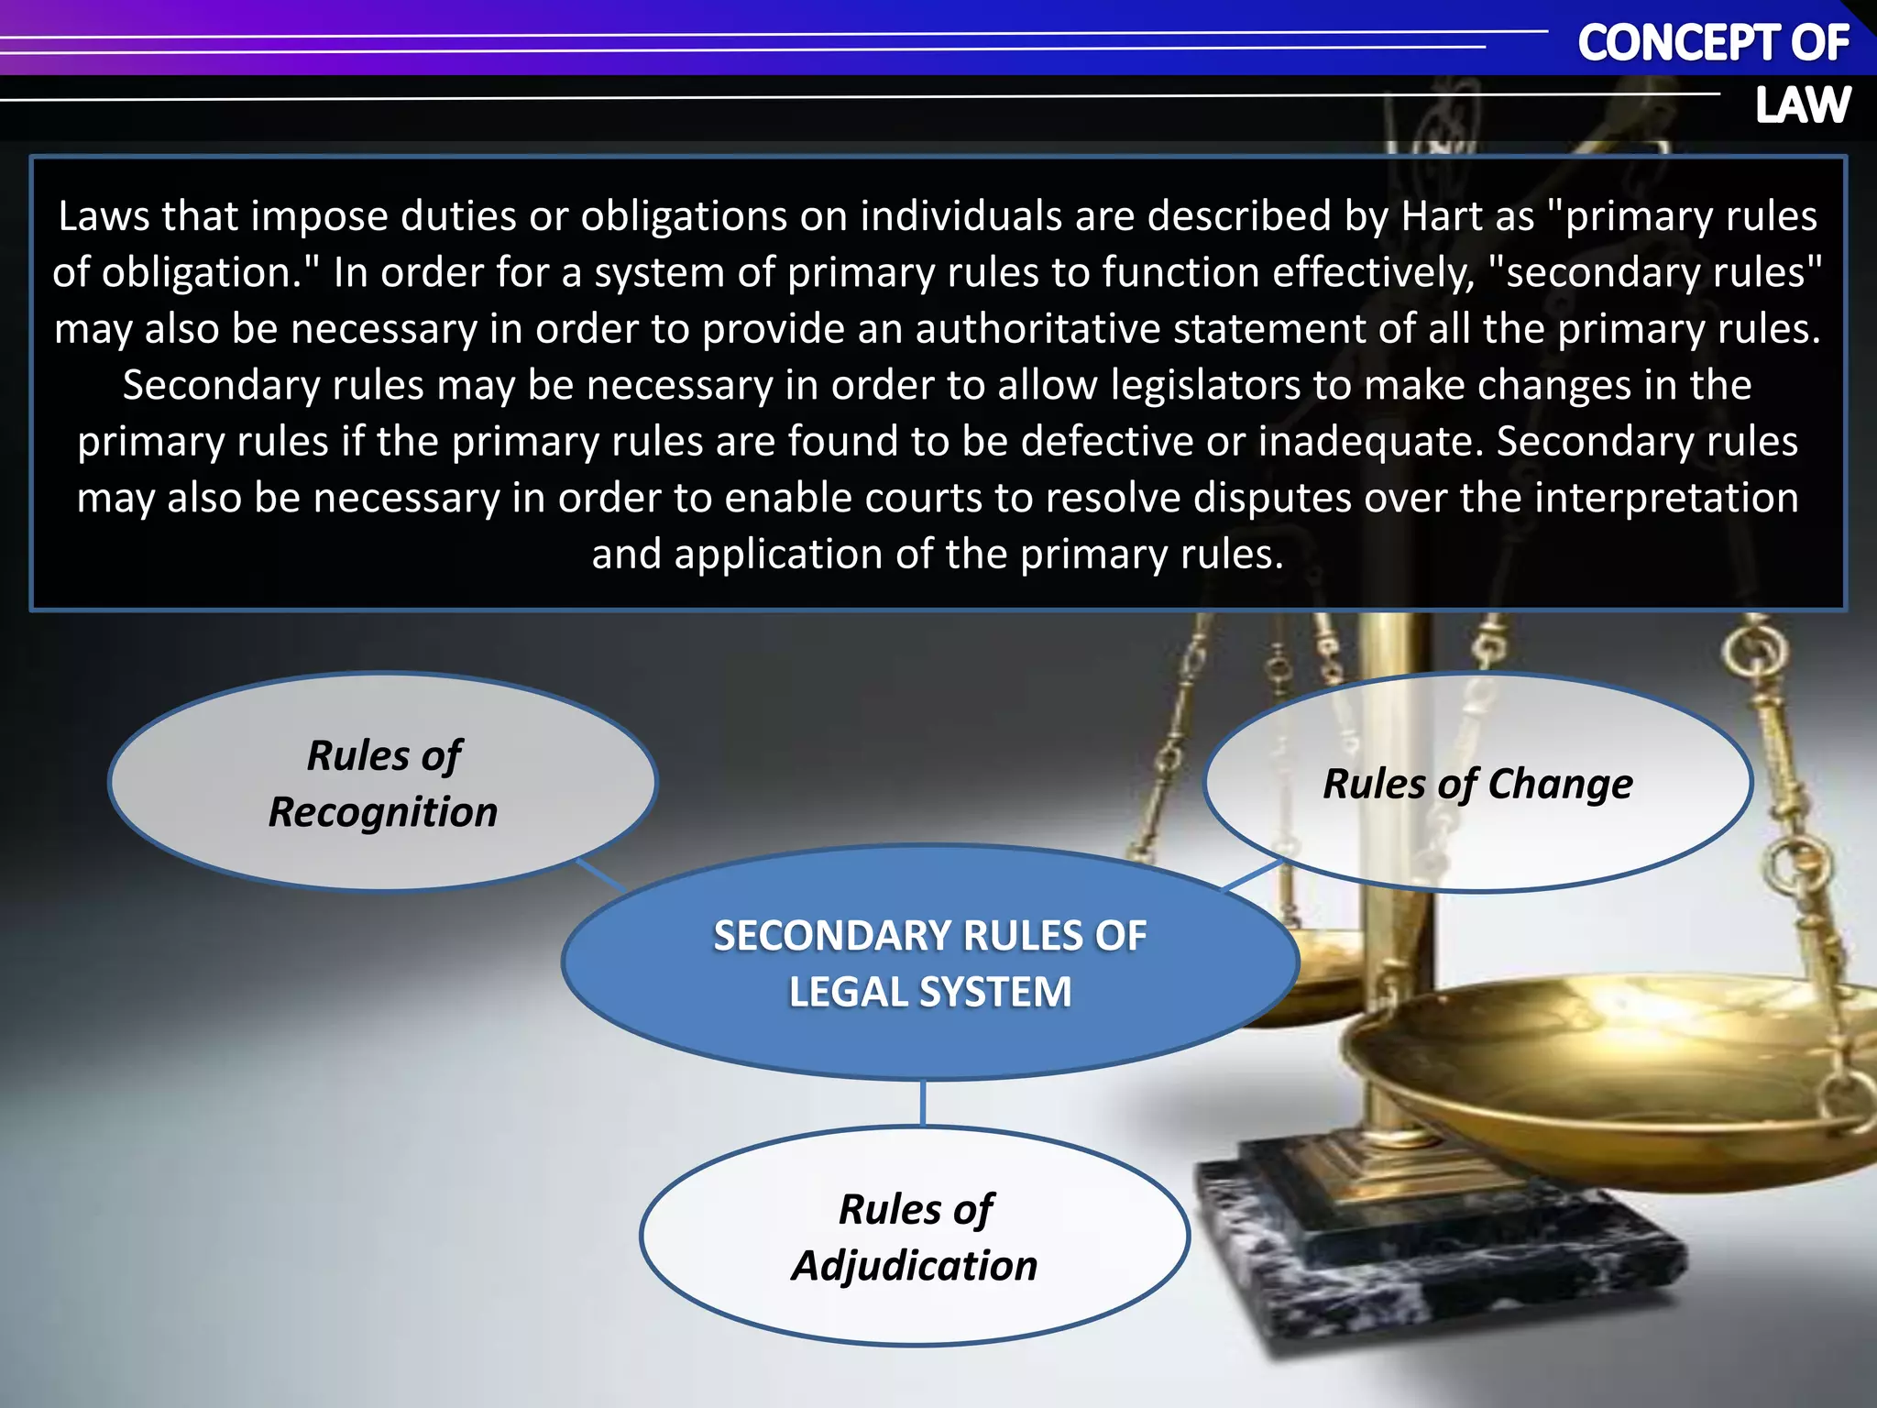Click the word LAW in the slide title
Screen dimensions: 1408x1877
(x=1802, y=104)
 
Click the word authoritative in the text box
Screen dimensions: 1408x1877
(x=1037, y=329)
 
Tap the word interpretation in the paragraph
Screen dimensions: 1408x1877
(x=1665, y=498)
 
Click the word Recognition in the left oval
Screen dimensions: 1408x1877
(x=383, y=812)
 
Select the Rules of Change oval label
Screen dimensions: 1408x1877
(x=1477, y=785)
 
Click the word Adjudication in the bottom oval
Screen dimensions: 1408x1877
(x=915, y=1266)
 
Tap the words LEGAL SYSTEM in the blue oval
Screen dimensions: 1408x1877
(x=930, y=992)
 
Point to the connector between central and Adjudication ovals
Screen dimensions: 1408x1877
(x=922, y=1103)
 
